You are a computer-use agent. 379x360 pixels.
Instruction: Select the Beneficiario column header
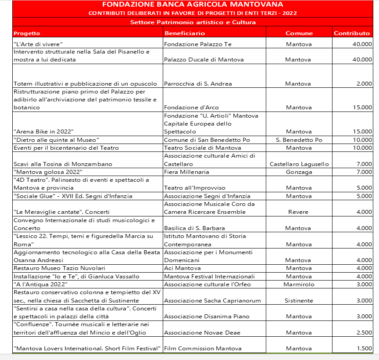[185, 33]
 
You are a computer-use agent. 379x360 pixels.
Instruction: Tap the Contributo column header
[352, 33]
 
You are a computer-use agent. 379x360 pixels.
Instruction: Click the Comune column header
[299, 33]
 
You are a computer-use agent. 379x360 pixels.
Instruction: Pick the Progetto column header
[27, 33]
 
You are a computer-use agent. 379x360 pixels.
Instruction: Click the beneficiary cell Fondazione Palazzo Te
[197, 44]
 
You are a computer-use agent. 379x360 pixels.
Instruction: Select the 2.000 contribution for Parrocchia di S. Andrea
[364, 83]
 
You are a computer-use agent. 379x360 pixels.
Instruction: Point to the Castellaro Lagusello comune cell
[299, 164]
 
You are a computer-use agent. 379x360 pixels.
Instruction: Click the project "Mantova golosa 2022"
[48, 172]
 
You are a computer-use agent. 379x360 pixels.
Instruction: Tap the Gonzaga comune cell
[299, 172]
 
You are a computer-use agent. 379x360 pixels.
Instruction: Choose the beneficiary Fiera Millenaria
[186, 172]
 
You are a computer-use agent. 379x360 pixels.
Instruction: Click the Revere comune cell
[298, 212]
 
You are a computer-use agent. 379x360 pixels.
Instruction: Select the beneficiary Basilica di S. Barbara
[194, 228]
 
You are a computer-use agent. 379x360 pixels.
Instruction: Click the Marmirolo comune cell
[299, 284]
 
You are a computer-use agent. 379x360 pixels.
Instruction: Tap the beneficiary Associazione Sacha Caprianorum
[212, 300]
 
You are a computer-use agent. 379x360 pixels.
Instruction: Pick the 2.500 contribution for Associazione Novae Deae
[364, 332]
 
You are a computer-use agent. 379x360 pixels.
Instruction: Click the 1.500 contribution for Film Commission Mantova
[364, 348]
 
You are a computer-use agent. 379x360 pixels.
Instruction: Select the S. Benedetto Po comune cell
[299, 140]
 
